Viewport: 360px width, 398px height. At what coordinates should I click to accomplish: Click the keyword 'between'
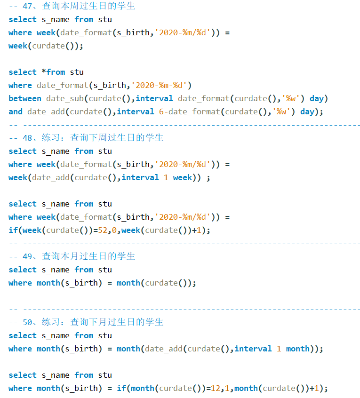(25, 98)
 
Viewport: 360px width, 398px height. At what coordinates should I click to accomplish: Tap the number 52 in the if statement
(103, 230)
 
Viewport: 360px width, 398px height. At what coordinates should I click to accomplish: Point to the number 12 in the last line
(216, 388)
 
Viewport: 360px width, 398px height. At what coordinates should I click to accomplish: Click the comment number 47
(27, 6)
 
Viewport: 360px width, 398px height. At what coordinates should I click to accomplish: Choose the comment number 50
(27, 322)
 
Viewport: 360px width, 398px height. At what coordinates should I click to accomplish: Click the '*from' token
(53, 72)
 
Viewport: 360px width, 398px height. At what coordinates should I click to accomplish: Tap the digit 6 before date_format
(161, 111)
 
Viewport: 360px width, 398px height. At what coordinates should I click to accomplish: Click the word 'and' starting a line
(16, 111)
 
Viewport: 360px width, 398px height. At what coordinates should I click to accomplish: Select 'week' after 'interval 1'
(183, 177)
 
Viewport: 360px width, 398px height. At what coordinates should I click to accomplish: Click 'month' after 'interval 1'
(298, 349)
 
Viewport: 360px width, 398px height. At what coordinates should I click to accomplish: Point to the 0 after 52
(114, 230)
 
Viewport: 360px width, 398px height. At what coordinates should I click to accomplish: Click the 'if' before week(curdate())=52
(13, 230)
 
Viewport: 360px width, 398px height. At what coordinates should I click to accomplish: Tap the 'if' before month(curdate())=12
(121, 388)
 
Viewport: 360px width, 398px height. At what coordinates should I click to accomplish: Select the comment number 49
(27, 256)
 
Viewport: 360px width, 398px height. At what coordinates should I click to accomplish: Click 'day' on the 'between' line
(317, 98)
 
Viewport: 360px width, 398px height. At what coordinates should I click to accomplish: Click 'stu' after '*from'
(77, 72)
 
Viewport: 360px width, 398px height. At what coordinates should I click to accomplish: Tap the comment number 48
(27, 138)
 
